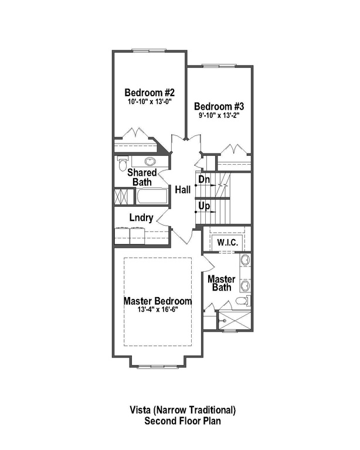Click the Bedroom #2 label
coord(150,93)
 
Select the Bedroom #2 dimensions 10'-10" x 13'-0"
coord(150,101)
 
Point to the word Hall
coord(182,189)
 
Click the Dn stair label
coord(203,179)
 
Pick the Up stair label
coord(203,206)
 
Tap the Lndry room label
coord(142,218)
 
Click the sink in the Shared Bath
coord(150,162)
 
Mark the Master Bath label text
coord(222,283)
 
